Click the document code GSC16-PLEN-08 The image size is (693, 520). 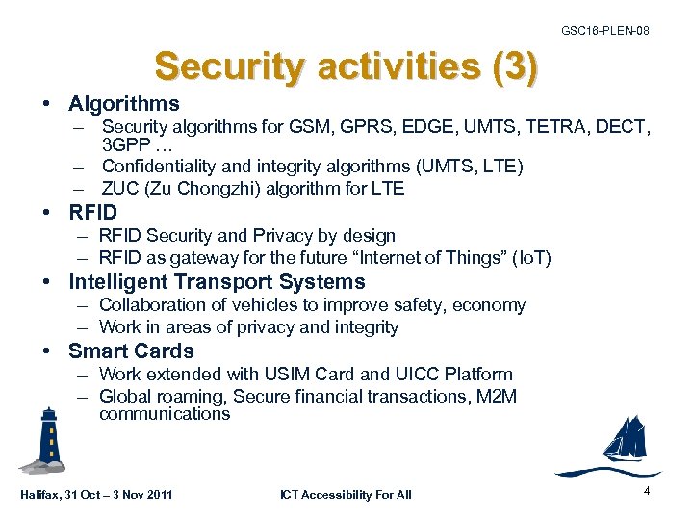[x=604, y=31]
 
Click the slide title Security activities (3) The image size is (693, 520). [x=346, y=67]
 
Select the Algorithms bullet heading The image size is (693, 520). [x=123, y=103]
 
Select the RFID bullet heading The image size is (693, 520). [x=92, y=213]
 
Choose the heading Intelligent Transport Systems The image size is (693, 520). [x=217, y=282]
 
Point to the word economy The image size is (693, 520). [x=488, y=305]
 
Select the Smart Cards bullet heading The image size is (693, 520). [x=131, y=351]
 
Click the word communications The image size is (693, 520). [x=165, y=415]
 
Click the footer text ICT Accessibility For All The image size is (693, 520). [x=346, y=495]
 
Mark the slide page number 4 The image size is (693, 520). [x=647, y=491]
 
